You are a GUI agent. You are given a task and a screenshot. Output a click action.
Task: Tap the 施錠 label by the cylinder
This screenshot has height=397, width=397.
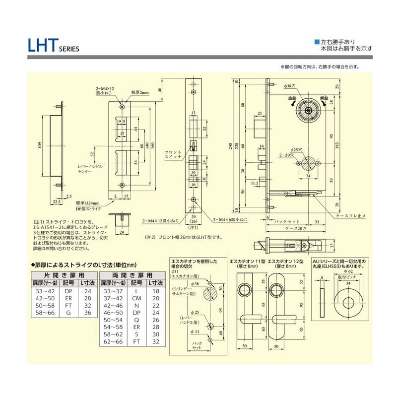coord(293,99)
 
